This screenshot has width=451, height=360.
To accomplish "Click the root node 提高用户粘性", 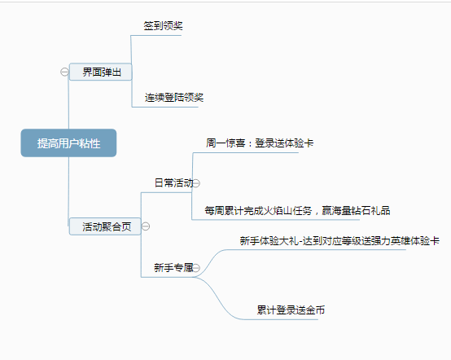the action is pos(68,143).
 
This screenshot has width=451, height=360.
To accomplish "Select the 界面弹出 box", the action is pos(101,72).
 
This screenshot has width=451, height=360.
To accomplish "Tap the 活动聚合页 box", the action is pos(105,226).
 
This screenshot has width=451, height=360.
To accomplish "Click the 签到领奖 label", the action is pos(163,25).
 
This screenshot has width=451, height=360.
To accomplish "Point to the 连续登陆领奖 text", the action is pos(174,97).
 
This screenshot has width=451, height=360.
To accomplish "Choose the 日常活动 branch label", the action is pos(173,182).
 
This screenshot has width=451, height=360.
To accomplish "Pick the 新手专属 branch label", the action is pos(173,268).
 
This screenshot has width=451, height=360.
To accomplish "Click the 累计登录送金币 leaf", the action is pos(291,310).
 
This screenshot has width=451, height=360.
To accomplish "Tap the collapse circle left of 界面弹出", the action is pos(64,72).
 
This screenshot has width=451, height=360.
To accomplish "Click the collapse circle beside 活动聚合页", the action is pos(146,226).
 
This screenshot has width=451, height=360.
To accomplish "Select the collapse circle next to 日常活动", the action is pos(196,183).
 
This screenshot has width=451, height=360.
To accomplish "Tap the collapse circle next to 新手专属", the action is pos(196,268).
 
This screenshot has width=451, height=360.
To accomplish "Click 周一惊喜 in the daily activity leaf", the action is pos(225,143).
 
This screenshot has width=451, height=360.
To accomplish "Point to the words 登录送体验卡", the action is pos(284,143).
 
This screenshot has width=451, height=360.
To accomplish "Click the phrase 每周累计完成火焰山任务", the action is pos(258,211).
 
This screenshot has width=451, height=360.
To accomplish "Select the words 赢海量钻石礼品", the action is pos(356,211).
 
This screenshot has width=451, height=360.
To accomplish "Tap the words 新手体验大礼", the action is pos(269,240).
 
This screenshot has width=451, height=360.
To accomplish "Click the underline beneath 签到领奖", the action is pos(155,35).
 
